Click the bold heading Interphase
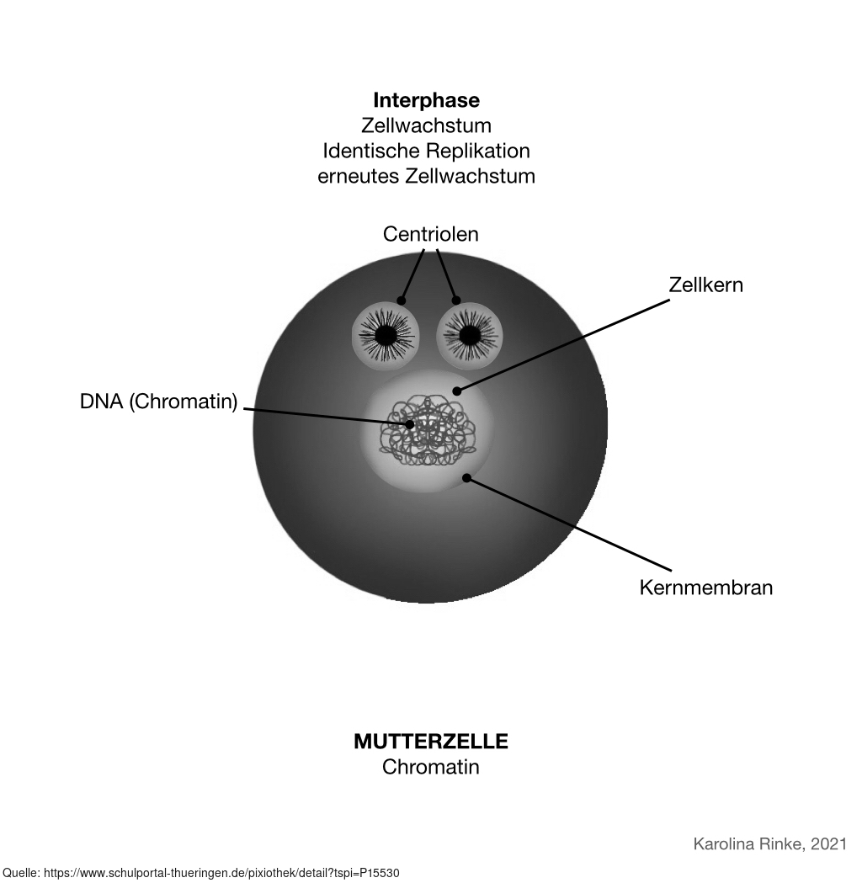(x=426, y=100)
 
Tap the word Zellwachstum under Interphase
(x=426, y=125)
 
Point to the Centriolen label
(x=430, y=234)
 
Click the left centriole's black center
(x=385, y=336)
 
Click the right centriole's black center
(x=470, y=336)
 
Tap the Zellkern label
(x=705, y=285)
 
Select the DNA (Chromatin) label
(x=158, y=402)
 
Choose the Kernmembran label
(x=705, y=587)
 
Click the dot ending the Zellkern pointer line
(x=456, y=391)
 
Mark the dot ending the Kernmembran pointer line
(x=466, y=478)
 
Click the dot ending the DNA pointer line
(x=410, y=424)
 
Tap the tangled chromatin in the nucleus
(x=429, y=434)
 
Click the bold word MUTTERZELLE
(x=430, y=742)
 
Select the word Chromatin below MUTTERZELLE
(x=430, y=767)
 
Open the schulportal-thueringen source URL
(x=227, y=873)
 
